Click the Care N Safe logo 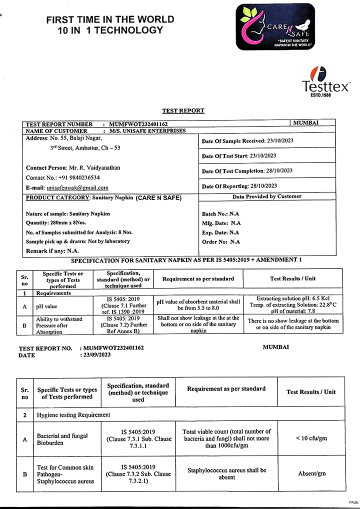point(275,26)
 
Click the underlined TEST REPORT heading point(183,111)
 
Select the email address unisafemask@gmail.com point(77,188)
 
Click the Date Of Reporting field point(239,186)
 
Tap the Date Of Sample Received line point(247,141)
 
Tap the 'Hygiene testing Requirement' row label point(73,415)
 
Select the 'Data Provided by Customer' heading point(266,196)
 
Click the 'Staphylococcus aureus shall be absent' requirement point(226,473)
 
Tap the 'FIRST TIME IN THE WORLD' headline point(110,20)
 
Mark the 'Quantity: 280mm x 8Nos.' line point(61,223)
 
